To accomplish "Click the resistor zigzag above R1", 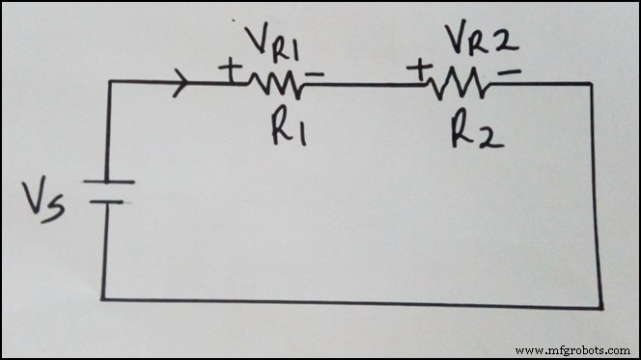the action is [277, 85].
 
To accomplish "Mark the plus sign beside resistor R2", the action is [422, 69].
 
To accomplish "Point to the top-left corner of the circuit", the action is [107, 83].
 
